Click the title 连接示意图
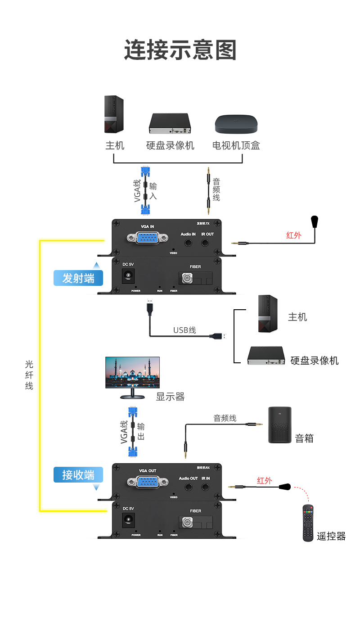tap(180, 50)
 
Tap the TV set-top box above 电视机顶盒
tap(236, 123)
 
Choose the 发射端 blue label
tap(78, 278)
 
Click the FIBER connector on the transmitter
tap(186, 279)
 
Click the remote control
tap(308, 523)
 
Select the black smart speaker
tap(279, 425)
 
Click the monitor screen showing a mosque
tap(132, 372)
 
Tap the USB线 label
tap(184, 330)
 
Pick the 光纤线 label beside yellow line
tap(29, 375)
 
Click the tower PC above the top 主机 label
tap(114, 114)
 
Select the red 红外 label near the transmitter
tap(293, 235)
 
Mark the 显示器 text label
tap(170, 397)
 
